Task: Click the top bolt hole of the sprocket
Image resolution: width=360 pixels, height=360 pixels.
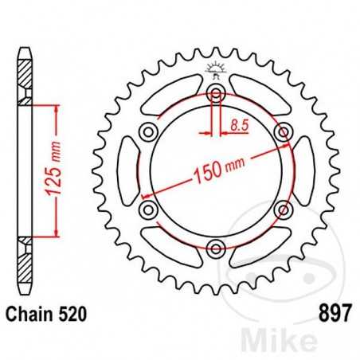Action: point(215,95)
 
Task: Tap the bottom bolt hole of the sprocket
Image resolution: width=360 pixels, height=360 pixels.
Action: point(215,248)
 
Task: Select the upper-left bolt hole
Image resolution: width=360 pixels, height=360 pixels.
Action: point(148,132)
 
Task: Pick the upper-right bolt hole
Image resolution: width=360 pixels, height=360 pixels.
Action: point(281,132)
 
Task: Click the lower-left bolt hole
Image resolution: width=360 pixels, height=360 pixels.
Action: point(148,209)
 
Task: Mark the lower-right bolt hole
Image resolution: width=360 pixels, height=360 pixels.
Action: point(281,209)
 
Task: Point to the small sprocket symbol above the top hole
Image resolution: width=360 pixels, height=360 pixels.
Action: point(215,70)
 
